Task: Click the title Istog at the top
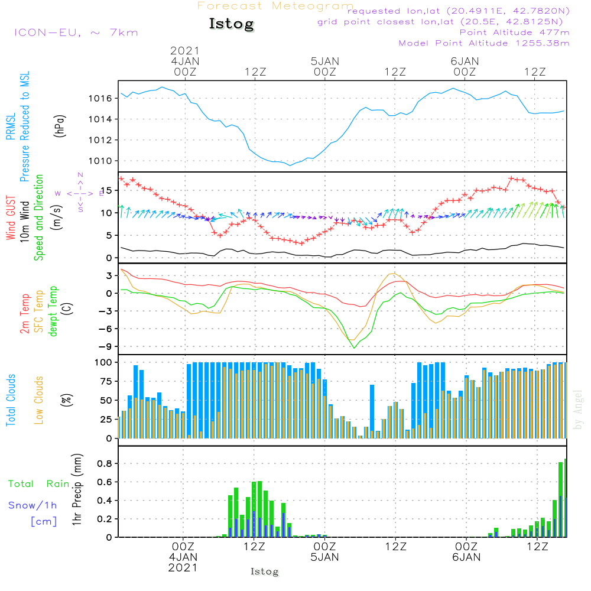pyautogui.click(x=231, y=24)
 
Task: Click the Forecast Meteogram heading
pyautogui.click(x=275, y=7)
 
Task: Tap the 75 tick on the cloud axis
pyautogui.click(x=105, y=381)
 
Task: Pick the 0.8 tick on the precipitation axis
pyautogui.click(x=105, y=463)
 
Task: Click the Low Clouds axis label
pyautogui.click(x=40, y=399)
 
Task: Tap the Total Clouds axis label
pyautogui.click(x=11, y=400)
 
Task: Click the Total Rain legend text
pyautogui.click(x=38, y=484)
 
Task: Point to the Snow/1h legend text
pyautogui.click(x=33, y=506)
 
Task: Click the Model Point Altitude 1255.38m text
pyautogui.click(x=484, y=43)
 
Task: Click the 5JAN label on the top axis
pyautogui.click(x=324, y=61)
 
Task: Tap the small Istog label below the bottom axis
pyautogui.click(x=264, y=571)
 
